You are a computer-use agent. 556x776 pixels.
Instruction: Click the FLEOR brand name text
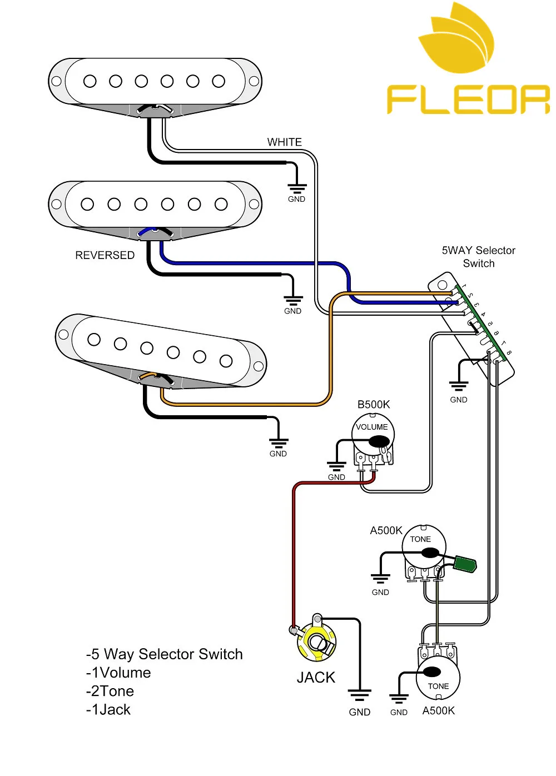pyautogui.click(x=468, y=100)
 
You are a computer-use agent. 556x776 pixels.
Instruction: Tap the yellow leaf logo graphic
pyautogui.click(x=457, y=39)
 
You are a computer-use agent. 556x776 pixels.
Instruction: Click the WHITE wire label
pyautogui.click(x=284, y=142)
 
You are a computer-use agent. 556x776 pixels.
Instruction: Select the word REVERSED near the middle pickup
pyautogui.click(x=105, y=255)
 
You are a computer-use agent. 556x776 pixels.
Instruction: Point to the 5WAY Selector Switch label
pyautogui.click(x=478, y=257)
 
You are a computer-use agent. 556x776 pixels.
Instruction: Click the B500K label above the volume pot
pyautogui.click(x=374, y=405)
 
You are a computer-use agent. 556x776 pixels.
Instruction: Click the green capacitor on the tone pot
pyautogui.click(x=465, y=564)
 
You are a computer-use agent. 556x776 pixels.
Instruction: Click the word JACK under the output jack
pyautogui.click(x=316, y=678)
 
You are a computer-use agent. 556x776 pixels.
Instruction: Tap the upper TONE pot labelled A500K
pyautogui.click(x=424, y=548)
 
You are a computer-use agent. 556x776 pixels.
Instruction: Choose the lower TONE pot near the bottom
pyautogui.click(x=439, y=676)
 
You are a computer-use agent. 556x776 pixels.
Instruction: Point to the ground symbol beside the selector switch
pyautogui.click(x=459, y=386)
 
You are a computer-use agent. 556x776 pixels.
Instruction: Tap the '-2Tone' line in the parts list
pyautogui.click(x=110, y=691)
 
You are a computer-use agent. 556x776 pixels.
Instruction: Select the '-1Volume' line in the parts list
pyautogui.click(x=118, y=673)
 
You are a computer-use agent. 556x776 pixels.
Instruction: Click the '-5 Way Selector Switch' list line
pyautogui.click(x=165, y=654)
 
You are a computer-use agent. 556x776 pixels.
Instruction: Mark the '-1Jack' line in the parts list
pyautogui.click(x=108, y=710)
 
